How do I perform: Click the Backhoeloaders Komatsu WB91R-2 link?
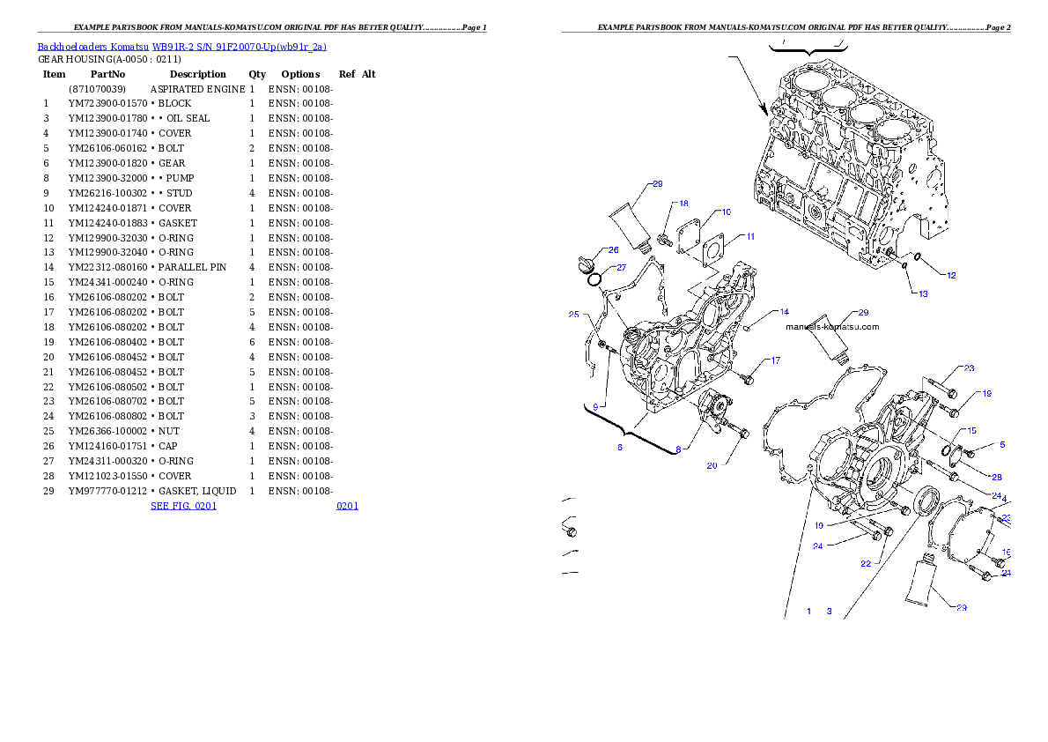[x=181, y=47]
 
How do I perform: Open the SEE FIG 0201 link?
[x=183, y=506]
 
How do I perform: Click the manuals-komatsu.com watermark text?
[x=831, y=327]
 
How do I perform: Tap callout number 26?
[x=613, y=250]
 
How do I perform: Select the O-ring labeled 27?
[x=595, y=279]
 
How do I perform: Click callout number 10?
[x=726, y=212]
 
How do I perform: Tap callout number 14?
[x=784, y=312]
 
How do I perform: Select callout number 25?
[x=573, y=315]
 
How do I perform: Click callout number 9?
[x=595, y=407]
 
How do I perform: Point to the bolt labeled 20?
[x=738, y=432]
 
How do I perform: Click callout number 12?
[x=951, y=275]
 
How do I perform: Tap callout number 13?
[x=923, y=294]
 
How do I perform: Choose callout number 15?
[x=971, y=431]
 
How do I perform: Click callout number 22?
[x=866, y=564]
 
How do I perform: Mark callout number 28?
[x=997, y=477]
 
